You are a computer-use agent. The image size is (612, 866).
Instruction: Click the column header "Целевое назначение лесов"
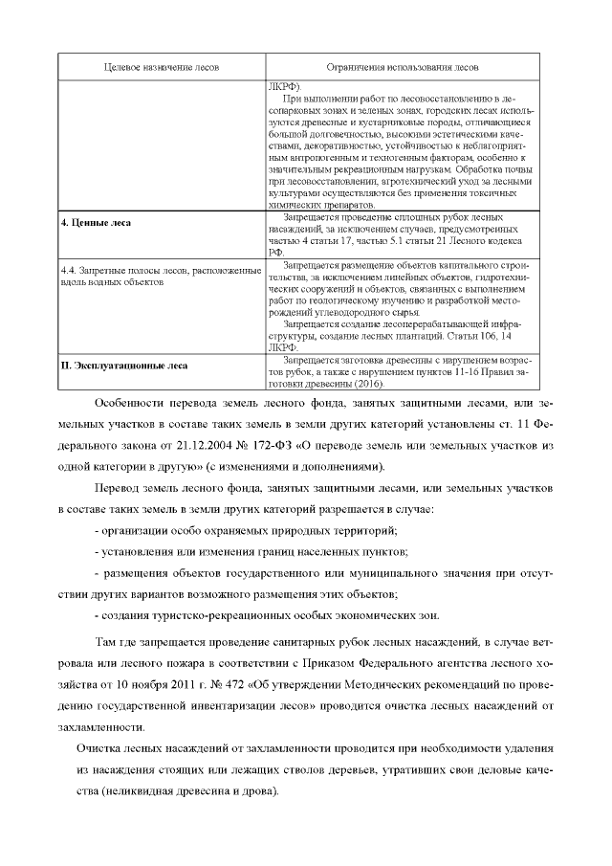coord(162,68)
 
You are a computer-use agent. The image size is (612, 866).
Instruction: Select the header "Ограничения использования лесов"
coord(403,68)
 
